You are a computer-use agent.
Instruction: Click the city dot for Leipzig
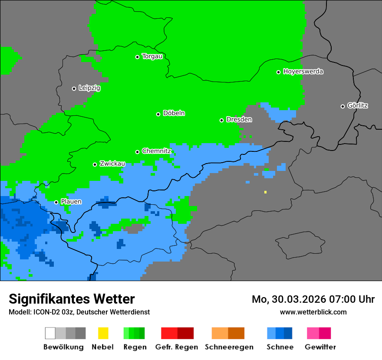coord(74,88)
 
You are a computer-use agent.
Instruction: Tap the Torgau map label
coord(152,56)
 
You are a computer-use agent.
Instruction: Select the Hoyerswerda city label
coord(303,72)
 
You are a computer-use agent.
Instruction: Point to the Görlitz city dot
coord(342,106)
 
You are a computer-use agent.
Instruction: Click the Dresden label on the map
coord(239,120)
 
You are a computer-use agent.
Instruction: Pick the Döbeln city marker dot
coord(158,114)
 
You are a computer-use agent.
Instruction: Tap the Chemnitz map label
coord(156,151)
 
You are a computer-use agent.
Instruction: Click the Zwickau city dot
coord(95,164)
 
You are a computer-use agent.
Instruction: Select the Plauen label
coord(71,202)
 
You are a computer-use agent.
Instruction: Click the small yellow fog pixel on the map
coord(265,192)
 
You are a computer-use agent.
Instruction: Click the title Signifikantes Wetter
coord(72,299)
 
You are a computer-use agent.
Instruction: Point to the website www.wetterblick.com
coord(313,312)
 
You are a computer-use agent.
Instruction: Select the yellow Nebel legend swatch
coord(103,333)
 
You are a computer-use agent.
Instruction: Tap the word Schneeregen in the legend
coord(229,347)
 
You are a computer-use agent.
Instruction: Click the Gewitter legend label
coord(320,347)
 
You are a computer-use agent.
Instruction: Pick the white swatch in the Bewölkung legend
coord(50,333)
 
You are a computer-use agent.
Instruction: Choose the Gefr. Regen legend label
coord(177,347)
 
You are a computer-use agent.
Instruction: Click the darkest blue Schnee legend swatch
coord(288,333)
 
